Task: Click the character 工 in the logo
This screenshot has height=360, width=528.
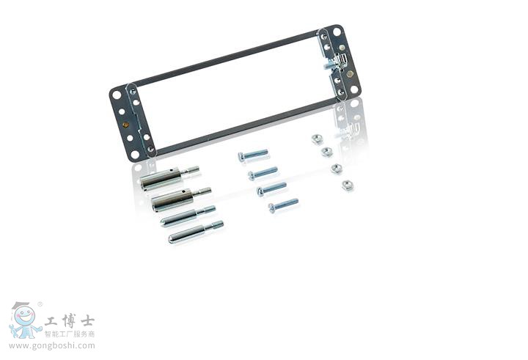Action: (51, 320)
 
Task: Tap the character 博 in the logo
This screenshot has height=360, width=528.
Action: (69, 320)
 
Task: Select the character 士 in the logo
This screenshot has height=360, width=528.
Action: (87, 320)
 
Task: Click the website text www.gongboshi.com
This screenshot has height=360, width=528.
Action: (52, 345)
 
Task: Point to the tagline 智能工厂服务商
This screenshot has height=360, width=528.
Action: (70, 334)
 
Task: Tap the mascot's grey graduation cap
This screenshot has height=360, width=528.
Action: (21, 305)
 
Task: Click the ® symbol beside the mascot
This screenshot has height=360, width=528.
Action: (40, 304)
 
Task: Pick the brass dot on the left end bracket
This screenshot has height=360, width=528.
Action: (126, 125)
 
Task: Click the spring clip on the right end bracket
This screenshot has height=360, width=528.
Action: (342, 61)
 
